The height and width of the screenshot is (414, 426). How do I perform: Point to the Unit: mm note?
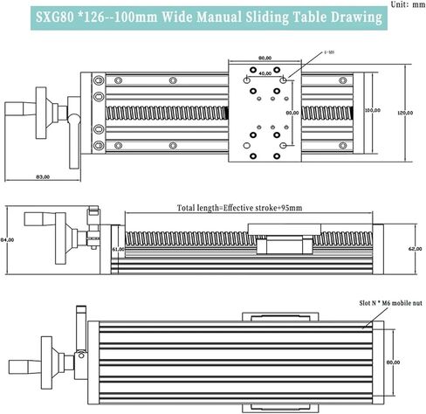pos(404,4)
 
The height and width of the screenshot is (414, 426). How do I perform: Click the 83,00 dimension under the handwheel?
pos(40,178)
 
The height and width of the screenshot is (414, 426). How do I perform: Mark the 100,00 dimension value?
pos(374,111)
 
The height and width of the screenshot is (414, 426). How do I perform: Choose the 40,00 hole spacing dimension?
pos(265,73)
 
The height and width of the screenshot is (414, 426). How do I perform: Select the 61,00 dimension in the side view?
pos(119,249)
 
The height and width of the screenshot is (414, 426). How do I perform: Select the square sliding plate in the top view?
pos(265,111)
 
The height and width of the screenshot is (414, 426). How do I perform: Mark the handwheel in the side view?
pos(61,240)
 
